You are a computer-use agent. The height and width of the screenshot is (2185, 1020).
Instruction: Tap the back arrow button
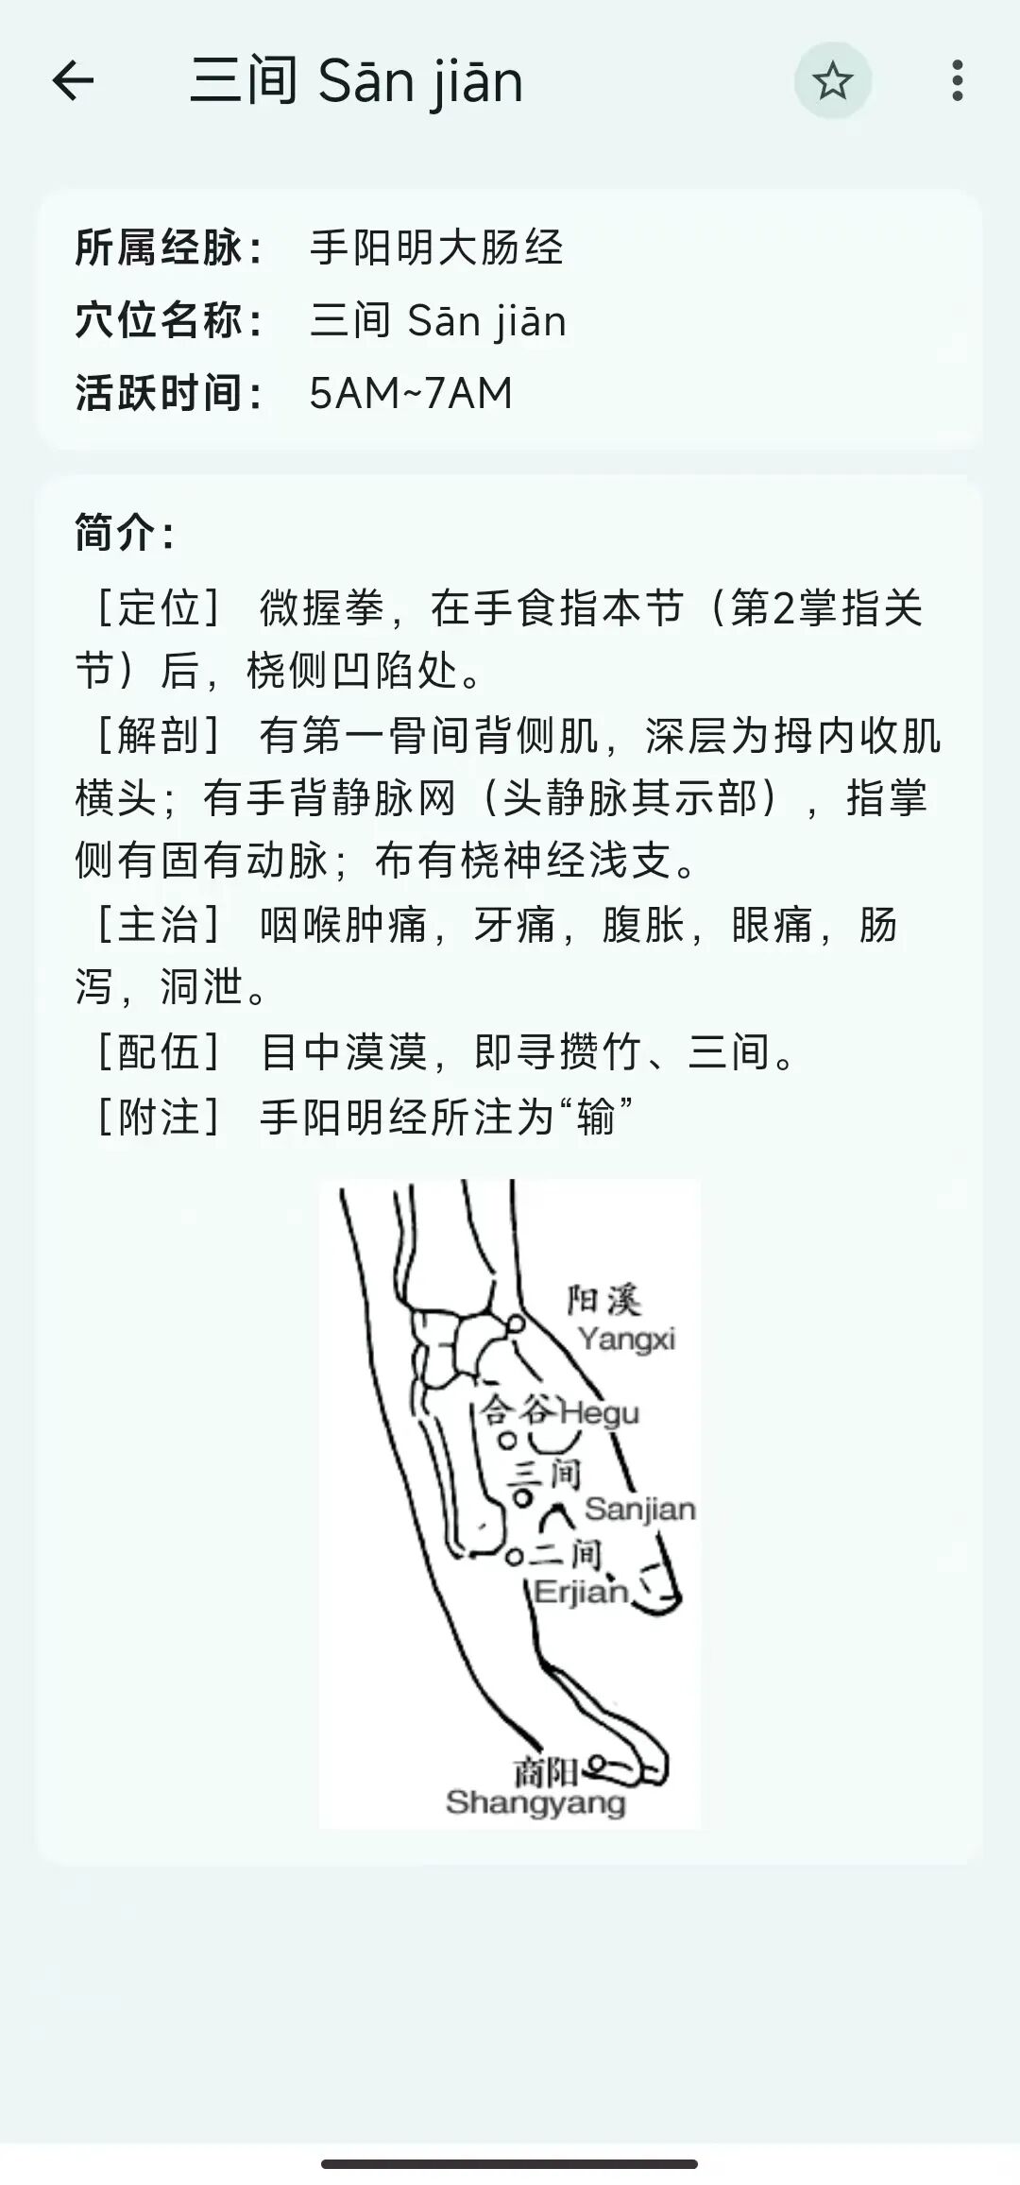[73, 80]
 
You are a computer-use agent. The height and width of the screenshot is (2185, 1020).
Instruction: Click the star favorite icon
[832, 80]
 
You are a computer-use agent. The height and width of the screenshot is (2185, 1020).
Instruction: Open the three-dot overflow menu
[958, 80]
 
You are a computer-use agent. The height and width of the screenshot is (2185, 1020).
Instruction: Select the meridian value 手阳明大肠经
[436, 248]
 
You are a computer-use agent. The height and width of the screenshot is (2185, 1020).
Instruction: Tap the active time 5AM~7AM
[411, 393]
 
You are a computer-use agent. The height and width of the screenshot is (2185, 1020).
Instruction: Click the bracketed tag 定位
[159, 607]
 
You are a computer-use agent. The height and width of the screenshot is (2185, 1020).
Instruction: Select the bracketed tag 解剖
[159, 735]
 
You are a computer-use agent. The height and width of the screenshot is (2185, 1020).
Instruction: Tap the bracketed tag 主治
[159, 924]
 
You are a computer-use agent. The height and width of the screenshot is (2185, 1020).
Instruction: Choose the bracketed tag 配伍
[159, 1052]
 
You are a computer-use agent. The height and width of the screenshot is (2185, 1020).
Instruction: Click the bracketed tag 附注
[159, 1117]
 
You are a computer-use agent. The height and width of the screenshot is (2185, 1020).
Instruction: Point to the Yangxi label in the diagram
[626, 1340]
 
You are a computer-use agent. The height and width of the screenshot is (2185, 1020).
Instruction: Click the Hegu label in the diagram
[600, 1413]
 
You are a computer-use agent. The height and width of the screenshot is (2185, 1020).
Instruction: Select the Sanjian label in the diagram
[639, 1509]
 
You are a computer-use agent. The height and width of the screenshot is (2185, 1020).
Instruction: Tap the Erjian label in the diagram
[581, 1593]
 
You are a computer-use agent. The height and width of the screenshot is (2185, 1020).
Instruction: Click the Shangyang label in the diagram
[535, 1802]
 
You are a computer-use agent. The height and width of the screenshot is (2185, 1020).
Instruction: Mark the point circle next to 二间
[514, 1556]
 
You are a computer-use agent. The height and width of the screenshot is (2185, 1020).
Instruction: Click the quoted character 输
[596, 1118]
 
